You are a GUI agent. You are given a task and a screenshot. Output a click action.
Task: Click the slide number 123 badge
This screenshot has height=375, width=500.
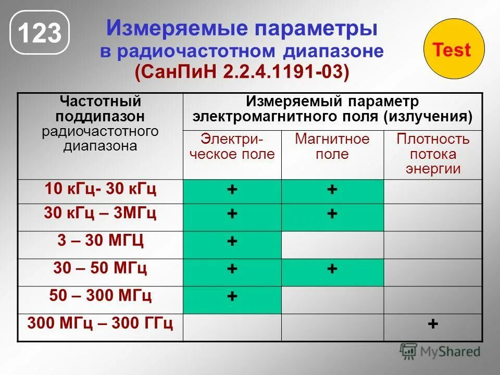[x=40, y=34]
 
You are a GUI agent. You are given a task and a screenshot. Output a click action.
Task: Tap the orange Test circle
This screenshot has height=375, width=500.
[x=452, y=50]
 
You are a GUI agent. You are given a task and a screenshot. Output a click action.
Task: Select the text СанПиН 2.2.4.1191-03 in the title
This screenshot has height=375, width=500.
[x=242, y=72]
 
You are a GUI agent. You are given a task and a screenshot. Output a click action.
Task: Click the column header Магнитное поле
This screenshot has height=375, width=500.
[x=332, y=146]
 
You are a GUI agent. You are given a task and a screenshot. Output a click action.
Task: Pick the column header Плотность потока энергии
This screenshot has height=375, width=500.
[x=432, y=154]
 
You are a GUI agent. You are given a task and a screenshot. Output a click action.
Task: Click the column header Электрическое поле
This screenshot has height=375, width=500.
[x=232, y=146]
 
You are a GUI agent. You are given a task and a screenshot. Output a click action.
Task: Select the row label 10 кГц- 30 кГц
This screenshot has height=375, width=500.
[x=100, y=189]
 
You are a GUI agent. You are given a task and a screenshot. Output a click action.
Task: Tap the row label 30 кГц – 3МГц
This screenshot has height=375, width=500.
[x=100, y=214]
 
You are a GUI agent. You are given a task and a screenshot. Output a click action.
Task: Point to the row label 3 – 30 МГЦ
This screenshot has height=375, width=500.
[x=100, y=241]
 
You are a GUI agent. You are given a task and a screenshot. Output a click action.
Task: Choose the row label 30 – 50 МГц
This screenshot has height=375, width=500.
[x=100, y=268]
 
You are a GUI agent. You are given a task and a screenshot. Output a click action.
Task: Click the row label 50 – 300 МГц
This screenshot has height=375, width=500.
[x=100, y=296]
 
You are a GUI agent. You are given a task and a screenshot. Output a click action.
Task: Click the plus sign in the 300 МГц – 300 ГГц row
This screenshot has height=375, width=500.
[x=432, y=323]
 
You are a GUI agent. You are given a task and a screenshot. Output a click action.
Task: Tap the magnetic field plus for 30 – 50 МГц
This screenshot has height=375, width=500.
[x=332, y=269]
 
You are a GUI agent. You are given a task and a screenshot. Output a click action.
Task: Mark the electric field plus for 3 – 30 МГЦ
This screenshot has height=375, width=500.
[x=232, y=241]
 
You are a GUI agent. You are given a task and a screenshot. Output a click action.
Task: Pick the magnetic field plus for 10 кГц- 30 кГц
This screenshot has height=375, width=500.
[x=332, y=190]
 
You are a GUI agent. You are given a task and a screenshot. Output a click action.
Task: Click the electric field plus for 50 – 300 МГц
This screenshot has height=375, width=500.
[x=232, y=296]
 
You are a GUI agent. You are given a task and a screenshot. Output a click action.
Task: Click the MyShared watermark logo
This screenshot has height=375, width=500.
[x=440, y=352]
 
